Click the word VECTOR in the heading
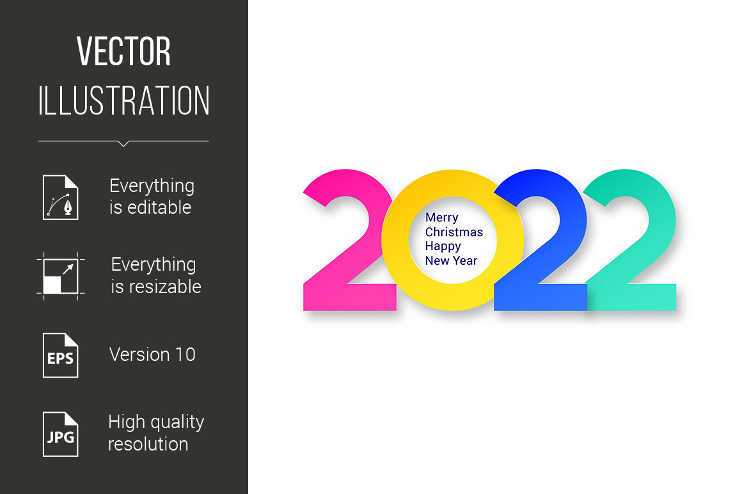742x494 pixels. coord(123,51)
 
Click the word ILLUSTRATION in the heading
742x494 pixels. coord(124,100)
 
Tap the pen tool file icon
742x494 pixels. coord(61,197)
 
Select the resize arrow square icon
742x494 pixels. coord(61,276)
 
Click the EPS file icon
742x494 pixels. coord(61,355)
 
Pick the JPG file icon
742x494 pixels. coord(61,434)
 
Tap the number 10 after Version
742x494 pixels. coord(185,355)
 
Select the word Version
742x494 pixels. coord(139,355)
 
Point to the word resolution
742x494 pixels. coord(148,444)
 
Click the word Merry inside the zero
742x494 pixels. coord(442,218)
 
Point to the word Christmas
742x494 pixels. coord(454,232)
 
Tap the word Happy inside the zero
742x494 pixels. coord(443,246)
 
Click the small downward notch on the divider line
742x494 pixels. coord(123,143)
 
